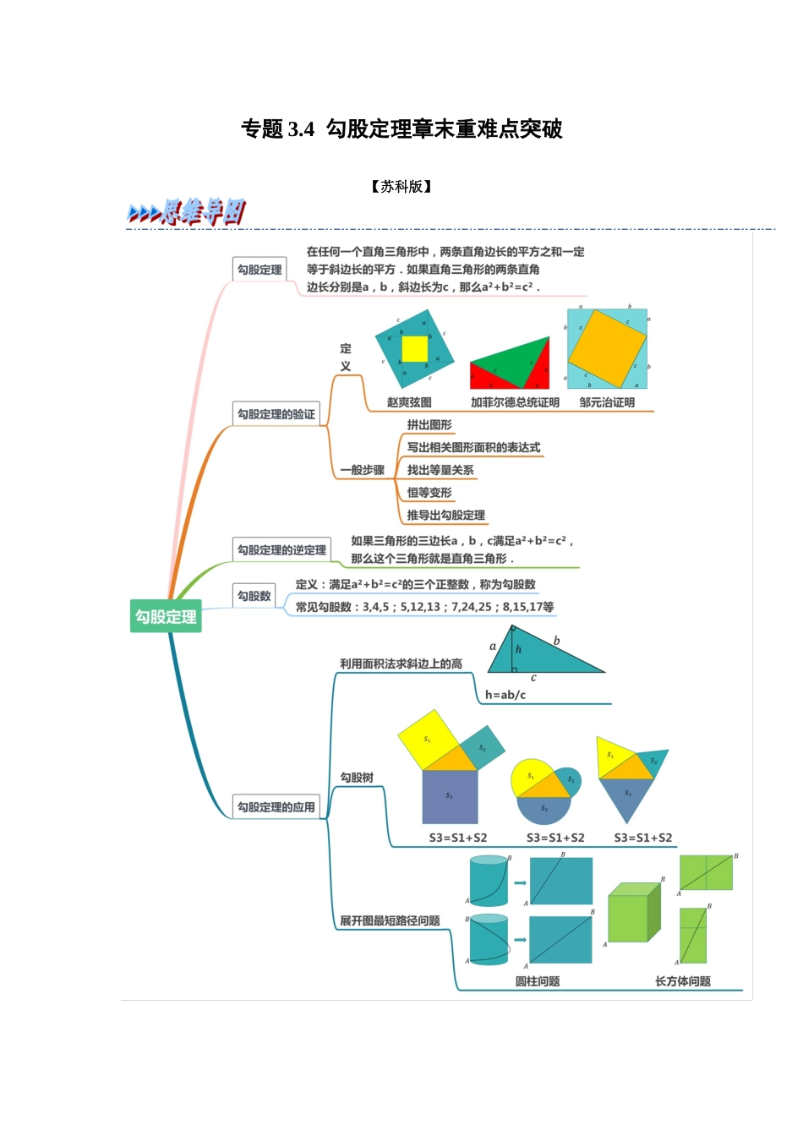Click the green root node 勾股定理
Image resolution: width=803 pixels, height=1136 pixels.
tap(166, 616)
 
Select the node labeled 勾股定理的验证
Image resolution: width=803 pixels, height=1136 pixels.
tap(276, 414)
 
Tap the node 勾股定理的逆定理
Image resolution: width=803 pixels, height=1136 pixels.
tap(281, 550)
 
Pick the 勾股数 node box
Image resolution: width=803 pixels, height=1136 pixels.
tap(254, 596)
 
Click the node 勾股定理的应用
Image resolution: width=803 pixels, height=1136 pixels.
tap(276, 807)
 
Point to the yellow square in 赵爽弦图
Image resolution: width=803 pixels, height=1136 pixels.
tap(414, 348)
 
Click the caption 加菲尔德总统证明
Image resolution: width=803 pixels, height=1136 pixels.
tap(515, 402)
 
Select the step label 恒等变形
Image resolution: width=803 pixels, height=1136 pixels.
tap(429, 493)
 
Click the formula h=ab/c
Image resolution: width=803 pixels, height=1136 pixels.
tap(505, 695)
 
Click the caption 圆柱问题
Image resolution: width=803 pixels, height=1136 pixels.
tap(538, 981)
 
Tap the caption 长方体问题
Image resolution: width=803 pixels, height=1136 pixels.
tap(683, 981)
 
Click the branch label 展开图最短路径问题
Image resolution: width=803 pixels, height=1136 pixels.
tap(390, 920)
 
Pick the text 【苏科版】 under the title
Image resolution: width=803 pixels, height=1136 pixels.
tap(401, 187)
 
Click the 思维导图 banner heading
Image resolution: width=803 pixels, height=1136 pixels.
tap(188, 212)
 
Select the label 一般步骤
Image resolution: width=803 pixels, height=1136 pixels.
tap(362, 470)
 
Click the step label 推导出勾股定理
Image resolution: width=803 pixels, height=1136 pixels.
tap(445, 515)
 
